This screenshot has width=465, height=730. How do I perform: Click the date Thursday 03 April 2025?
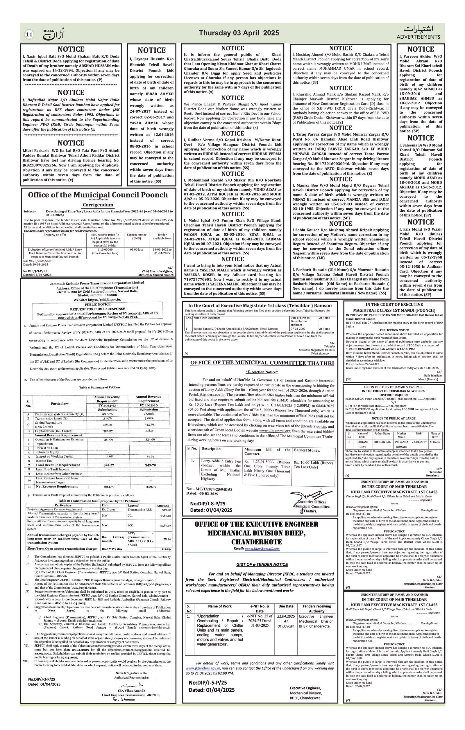tap(239, 33)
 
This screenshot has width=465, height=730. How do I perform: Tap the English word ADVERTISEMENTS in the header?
tap(418, 37)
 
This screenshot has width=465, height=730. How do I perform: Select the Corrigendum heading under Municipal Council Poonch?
tap(98, 205)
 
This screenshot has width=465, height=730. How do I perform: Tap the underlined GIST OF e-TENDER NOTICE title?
tap(262, 564)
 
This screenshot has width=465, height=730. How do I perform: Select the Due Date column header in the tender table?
tap(286, 606)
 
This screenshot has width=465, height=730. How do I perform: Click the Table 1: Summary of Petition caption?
tap(99, 387)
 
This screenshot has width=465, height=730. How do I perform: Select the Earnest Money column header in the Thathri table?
tap(307, 450)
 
